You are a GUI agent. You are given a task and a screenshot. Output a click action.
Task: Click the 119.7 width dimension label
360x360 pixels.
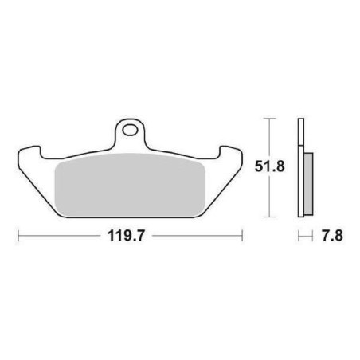pyautogui.click(x=126, y=236)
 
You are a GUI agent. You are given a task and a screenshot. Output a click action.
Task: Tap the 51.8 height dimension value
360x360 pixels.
pyautogui.click(x=269, y=166)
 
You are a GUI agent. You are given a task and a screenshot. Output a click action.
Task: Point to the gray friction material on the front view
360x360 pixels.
pyautogui.click(x=130, y=185)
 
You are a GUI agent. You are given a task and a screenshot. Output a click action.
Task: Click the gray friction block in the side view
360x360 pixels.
pyautogui.click(x=308, y=184)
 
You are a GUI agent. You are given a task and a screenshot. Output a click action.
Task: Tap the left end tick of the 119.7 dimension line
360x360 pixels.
pyautogui.click(x=18, y=236)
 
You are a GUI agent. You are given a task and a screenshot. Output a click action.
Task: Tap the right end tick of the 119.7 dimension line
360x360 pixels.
pyautogui.click(x=242, y=236)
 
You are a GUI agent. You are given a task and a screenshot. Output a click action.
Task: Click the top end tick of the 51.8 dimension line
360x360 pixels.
pyautogui.click(x=269, y=119)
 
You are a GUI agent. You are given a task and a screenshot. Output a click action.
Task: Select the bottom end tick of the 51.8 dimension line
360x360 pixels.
pyautogui.click(x=269, y=217)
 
